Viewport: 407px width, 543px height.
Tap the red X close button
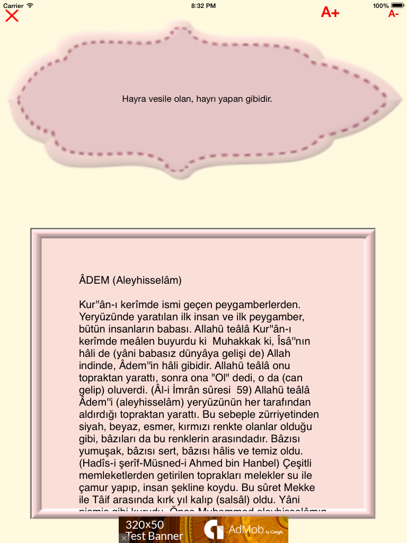coord(12,15)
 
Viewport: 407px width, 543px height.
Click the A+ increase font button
coord(330,12)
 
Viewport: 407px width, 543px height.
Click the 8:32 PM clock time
coord(203,5)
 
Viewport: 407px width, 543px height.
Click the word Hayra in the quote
coord(134,99)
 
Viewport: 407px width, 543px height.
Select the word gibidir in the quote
coord(256,99)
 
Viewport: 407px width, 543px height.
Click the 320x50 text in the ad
coord(145,524)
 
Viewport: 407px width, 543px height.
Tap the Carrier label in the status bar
coord(13,5)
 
